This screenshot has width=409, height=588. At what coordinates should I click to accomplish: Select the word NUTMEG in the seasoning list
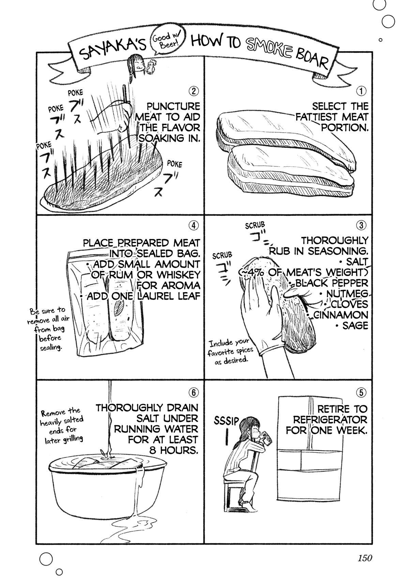347,293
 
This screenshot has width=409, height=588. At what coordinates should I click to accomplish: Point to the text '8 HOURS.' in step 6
174,450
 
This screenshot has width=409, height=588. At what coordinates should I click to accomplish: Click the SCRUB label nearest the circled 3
255,225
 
